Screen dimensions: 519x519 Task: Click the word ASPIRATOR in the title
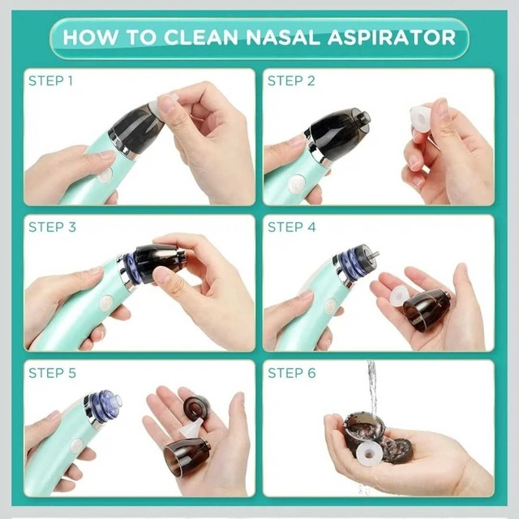click(x=392, y=37)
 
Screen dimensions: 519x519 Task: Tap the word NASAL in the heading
click(x=283, y=37)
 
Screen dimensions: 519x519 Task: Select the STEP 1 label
click(x=50, y=81)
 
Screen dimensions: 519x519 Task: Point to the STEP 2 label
click(x=291, y=81)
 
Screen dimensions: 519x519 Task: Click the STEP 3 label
click(x=52, y=227)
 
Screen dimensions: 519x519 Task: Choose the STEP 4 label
click(x=292, y=227)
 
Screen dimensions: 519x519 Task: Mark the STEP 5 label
click(x=52, y=373)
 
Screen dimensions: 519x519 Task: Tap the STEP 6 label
click(x=292, y=373)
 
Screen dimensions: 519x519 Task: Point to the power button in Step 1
click(x=105, y=174)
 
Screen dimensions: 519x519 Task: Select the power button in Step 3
click(x=106, y=302)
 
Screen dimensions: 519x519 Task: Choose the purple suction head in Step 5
click(x=105, y=405)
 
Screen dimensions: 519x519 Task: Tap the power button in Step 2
click(x=297, y=185)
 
